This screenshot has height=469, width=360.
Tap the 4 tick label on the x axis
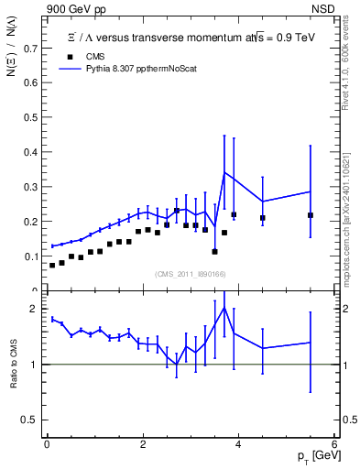pyautogui.click(x=238, y=445)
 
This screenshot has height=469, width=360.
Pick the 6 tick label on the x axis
pyautogui.click(x=334, y=445)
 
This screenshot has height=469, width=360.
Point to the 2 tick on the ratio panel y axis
pyautogui.click(x=36, y=309)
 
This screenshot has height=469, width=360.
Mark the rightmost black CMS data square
pyautogui.click(x=311, y=215)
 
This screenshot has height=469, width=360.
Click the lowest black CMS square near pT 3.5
pyautogui.click(x=214, y=251)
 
